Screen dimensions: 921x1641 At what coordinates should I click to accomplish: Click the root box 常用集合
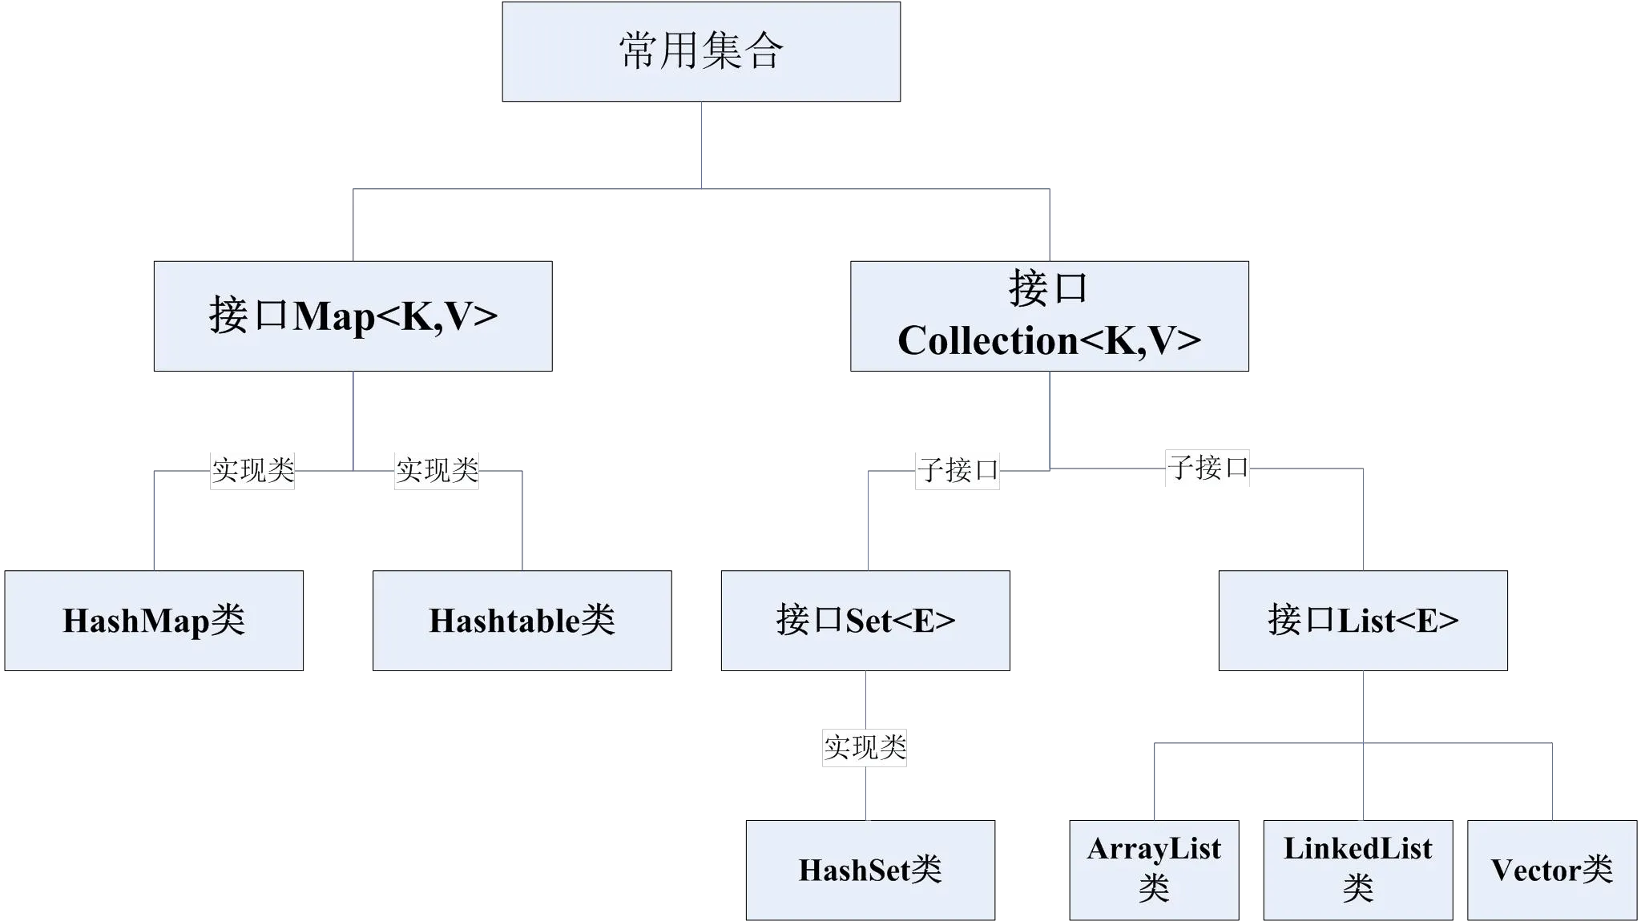pos(701,51)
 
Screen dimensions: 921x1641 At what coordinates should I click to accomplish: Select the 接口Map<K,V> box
pos(354,316)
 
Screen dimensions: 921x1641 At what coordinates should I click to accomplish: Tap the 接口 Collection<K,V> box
pos(1048,316)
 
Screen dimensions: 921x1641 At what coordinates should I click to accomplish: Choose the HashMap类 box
pos(155,621)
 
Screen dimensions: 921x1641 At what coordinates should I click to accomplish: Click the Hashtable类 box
pos(522,621)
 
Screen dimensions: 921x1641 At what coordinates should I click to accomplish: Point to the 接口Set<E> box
pos(865,621)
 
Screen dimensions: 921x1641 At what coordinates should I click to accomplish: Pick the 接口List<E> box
pos(1363,621)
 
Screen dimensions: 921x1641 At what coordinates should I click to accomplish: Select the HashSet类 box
pos(870,870)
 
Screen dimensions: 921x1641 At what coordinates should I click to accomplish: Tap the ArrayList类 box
pos(1155,870)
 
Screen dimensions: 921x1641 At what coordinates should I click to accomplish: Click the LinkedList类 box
pos(1358,870)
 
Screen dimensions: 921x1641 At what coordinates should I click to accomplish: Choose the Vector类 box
pos(1552,870)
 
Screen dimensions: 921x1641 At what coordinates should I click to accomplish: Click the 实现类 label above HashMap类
pos(252,470)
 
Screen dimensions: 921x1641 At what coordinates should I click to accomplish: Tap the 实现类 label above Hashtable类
pos(436,470)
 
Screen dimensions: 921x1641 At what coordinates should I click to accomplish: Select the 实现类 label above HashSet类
pos(865,747)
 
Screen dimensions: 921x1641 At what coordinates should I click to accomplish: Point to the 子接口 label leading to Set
pos(957,470)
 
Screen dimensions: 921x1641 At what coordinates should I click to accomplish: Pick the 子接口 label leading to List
pos(1206,468)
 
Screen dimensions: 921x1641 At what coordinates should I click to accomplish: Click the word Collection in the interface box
pos(986,341)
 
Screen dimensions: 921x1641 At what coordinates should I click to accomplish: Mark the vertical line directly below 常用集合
pos(702,144)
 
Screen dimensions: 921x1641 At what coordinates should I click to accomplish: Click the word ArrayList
pos(1155,849)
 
